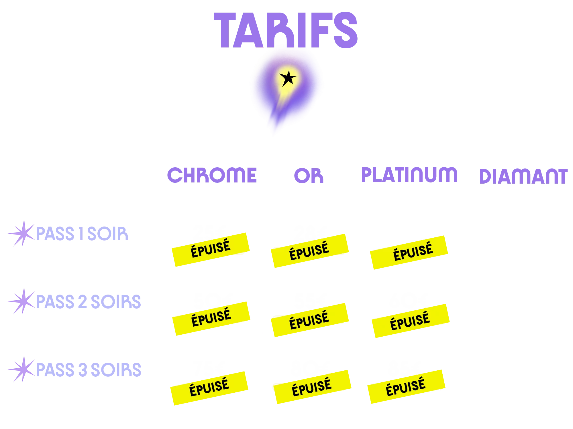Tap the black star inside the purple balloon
[x=287, y=78]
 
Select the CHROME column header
[x=212, y=175]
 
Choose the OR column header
[x=309, y=175]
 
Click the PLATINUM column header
[x=409, y=175]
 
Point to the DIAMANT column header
[x=523, y=176]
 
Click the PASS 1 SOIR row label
[x=82, y=234]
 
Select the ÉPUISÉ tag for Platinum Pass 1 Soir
[x=409, y=252]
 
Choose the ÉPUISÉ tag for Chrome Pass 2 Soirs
[x=211, y=318]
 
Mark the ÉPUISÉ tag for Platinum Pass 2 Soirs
[x=410, y=321]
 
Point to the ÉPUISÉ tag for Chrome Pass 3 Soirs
[x=209, y=388]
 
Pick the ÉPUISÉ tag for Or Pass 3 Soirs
[x=312, y=387]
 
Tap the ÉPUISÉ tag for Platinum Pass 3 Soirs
[x=406, y=387]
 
